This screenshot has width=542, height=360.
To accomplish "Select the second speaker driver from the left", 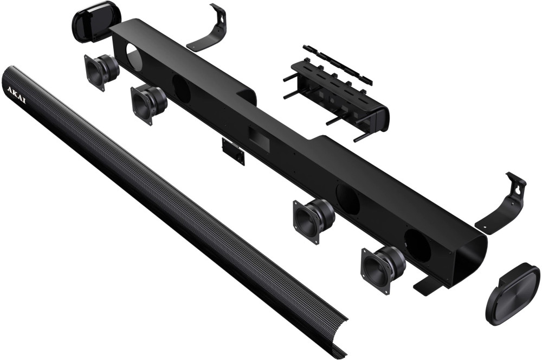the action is [x=149, y=103].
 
